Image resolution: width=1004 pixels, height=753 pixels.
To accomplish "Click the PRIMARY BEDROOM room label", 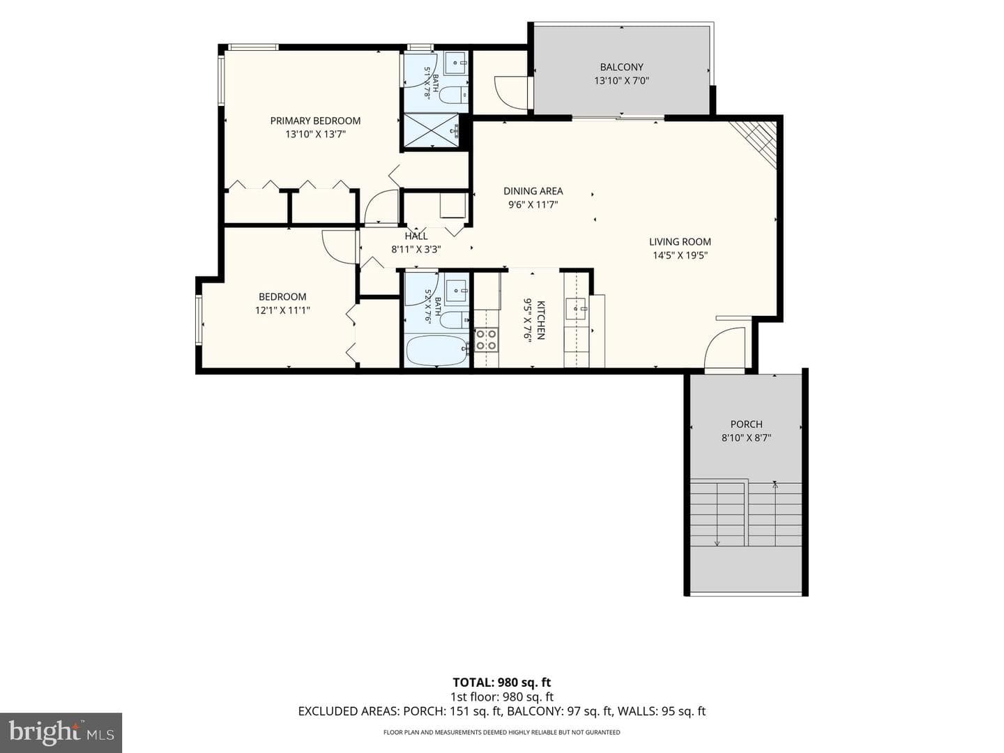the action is pyautogui.click(x=315, y=121).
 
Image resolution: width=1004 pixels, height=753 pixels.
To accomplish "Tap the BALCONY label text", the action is pyautogui.click(x=622, y=67).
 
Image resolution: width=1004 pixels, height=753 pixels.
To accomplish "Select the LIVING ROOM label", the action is pyautogui.click(x=680, y=242).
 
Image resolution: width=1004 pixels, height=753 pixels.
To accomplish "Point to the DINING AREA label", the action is pyautogui.click(x=533, y=191).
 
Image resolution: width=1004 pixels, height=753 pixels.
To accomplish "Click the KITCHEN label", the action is pyautogui.click(x=540, y=320).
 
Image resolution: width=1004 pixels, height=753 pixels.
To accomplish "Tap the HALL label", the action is pyautogui.click(x=416, y=236).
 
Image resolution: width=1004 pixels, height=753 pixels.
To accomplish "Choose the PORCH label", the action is pyautogui.click(x=746, y=425).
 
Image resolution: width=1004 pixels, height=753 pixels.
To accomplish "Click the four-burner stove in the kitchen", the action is pyautogui.click(x=486, y=340).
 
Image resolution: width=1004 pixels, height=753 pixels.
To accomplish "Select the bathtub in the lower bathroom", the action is pyautogui.click(x=437, y=350).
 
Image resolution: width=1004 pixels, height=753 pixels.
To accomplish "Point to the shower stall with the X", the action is pyautogui.click(x=430, y=131).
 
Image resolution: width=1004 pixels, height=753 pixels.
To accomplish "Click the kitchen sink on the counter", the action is pyautogui.click(x=576, y=309).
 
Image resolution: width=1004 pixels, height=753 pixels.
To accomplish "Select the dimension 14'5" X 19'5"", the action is pyautogui.click(x=680, y=256).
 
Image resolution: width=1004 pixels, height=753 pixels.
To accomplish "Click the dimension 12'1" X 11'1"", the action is pyautogui.click(x=282, y=310).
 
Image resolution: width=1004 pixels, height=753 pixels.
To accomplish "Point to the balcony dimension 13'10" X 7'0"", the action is pyautogui.click(x=622, y=81).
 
